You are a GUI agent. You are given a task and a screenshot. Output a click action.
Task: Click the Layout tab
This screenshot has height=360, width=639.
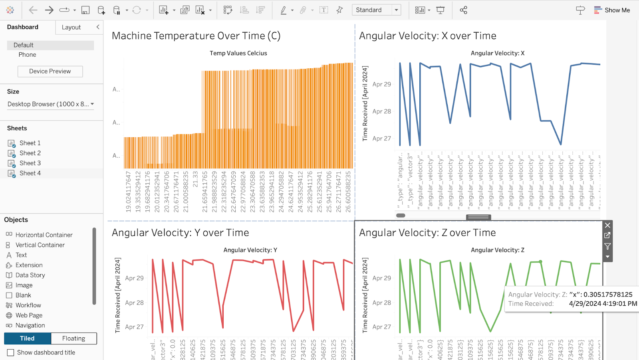pyautogui.click(x=71, y=27)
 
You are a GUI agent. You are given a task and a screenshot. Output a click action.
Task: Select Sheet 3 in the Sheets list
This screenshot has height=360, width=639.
pyautogui.click(x=30, y=163)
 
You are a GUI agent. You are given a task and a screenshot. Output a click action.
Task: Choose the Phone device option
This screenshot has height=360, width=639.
pyautogui.click(x=27, y=55)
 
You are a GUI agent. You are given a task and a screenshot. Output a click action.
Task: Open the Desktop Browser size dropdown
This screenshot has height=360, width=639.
pyautogui.click(x=51, y=104)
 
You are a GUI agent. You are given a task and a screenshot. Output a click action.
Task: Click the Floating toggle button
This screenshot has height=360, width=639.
pyautogui.click(x=73, y=338)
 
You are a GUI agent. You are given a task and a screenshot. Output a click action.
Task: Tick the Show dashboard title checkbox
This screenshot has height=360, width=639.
pyautogui.click(x=10, y=352)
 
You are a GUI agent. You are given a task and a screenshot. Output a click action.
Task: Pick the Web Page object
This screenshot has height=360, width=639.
pyautogui.click(x=29, y=315)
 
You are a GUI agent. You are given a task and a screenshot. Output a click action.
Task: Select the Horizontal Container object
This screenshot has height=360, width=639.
pyautogui.click(x=44, y=235)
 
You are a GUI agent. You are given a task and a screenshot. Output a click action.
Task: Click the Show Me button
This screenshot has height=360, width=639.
pyautogui.click(x=612, y=10)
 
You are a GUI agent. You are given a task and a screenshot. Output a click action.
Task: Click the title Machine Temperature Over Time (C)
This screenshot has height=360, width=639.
pyautogui.click(x=196, y=36)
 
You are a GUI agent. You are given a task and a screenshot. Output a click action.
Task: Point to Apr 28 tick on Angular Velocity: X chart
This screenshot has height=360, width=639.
pyautogui.click(x=381, y=111)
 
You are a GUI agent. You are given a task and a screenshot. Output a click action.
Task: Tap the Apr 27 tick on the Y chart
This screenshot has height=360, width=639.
pyautogui.click(x=134, y=327)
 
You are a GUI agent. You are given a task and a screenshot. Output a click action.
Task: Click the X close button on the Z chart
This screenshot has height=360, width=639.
pyautogui.click(x=607, y=225)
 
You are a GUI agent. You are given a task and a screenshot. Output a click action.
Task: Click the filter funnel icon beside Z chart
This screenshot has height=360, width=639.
pyautogui.click(x=607, y=246)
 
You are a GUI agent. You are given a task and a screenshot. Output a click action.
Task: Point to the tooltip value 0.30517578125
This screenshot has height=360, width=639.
pyautogui.click(x=608, y=295)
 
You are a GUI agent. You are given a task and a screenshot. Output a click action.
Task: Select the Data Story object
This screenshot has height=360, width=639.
pyautogui.click(x=30, y=275)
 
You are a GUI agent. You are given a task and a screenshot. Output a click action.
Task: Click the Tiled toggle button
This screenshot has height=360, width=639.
pyautogui.click(x=27, y=338)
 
